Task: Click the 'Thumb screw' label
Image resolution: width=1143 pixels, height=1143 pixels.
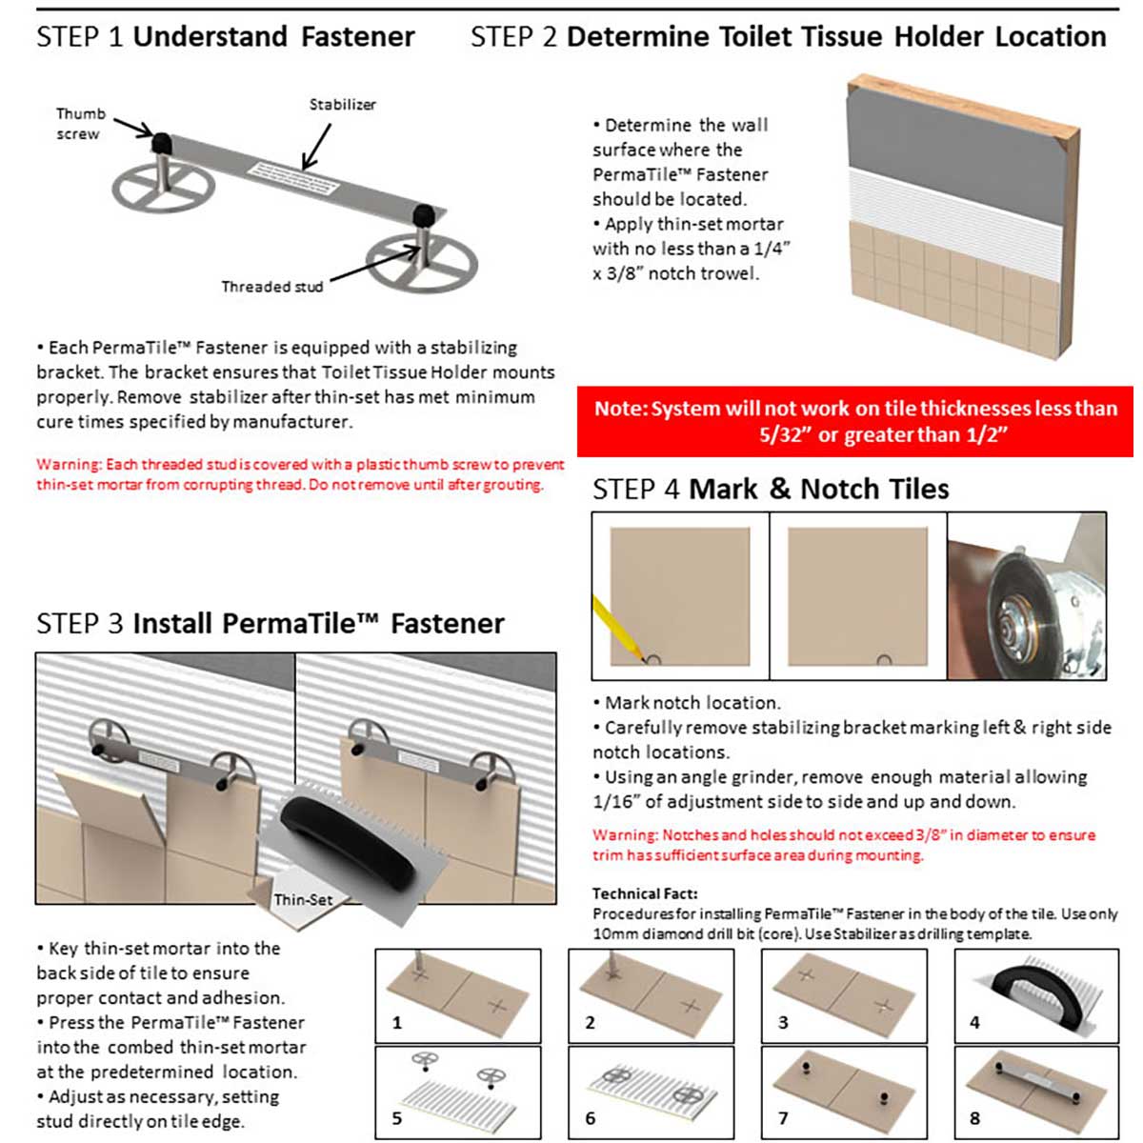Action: point(80,124)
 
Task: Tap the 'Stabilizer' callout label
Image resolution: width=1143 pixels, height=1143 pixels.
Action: point(342,105)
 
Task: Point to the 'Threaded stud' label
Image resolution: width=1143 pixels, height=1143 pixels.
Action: point(271,287)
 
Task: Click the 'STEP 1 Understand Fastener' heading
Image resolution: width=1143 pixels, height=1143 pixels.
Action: point(226,37)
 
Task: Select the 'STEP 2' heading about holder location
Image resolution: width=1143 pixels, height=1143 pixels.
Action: point(788,37)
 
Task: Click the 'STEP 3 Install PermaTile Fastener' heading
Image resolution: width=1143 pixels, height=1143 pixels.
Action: point(271,624)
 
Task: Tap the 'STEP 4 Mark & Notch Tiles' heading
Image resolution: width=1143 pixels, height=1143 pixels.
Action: point(771,490)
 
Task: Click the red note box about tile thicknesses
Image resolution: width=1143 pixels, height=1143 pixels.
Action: point(854,421)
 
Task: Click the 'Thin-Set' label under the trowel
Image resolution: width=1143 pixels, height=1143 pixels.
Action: point(303,900)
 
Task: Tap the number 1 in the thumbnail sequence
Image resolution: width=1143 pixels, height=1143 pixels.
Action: point(397,1023)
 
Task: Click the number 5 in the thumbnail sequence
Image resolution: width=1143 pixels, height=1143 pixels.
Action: point(397,1118)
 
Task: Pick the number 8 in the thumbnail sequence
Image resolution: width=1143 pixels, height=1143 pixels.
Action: point(974,1118)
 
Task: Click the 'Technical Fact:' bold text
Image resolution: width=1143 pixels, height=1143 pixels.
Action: point(645,893)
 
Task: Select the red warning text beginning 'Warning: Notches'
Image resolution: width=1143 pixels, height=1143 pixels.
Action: point(843,845)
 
